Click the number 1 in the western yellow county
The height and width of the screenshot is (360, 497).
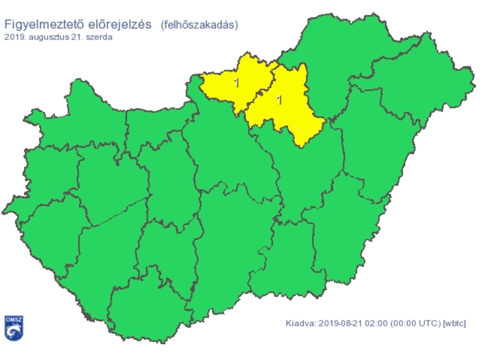click(237, 83)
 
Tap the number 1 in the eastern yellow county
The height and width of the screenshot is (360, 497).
click(279, 100)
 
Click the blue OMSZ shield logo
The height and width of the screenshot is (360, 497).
click(14, 329)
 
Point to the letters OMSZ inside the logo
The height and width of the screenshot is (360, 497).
click(14, 320)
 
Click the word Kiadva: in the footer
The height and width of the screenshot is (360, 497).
click(300, 324)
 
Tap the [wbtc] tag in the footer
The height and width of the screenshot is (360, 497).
click(455, 324)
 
